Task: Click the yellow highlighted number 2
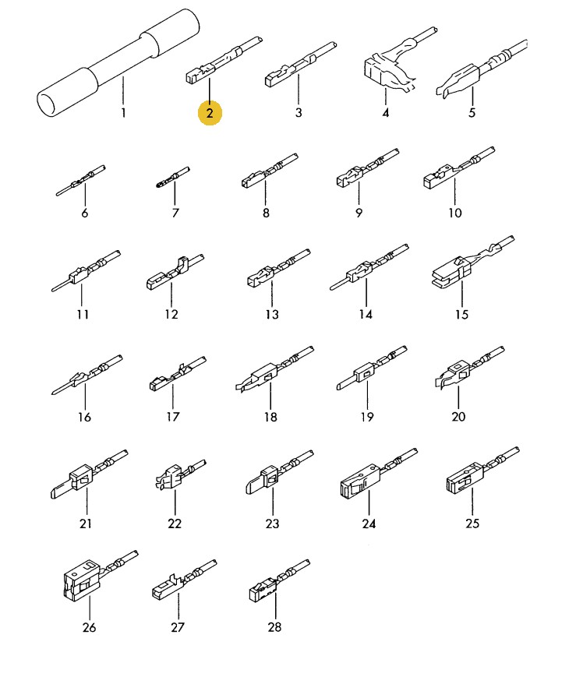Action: [210, 113]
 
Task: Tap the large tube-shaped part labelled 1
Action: [118, 63]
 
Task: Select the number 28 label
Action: [274, 627]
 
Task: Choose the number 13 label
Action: [272, 314]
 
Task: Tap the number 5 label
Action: [472, 112]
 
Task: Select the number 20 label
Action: [458, 417]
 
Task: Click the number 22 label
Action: [175, 523]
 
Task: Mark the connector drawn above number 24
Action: [379, 473]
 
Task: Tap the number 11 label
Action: [83, 314]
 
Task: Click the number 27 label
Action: [178, 627]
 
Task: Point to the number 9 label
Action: [359, 213]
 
